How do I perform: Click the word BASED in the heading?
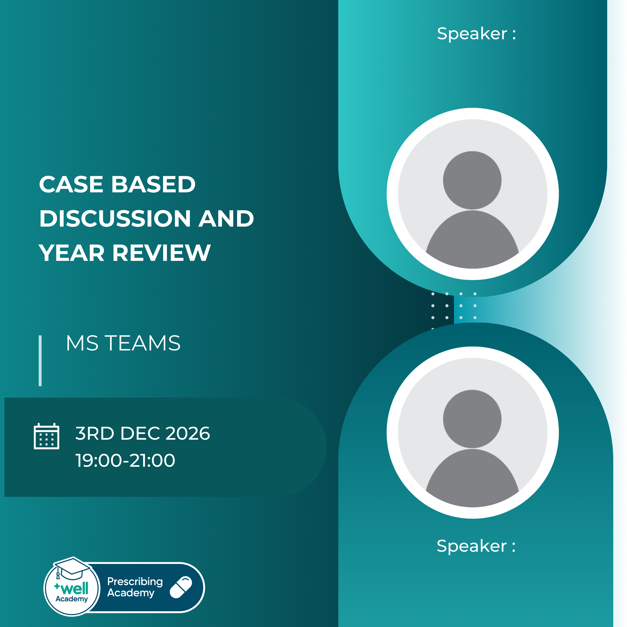(153, 184)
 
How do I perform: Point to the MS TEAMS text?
(123, 343)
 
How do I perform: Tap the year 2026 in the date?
(188, 433)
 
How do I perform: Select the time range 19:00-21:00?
(125, 460)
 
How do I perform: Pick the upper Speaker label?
(476, 34)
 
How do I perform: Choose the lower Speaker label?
(476, 546)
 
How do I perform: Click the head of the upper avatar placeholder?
(472, 180)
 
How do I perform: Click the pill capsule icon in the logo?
(181, 587)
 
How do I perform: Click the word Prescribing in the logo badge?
(135, 581)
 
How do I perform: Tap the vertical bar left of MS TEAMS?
(40, 361)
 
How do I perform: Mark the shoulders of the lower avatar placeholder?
(472, 477)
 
